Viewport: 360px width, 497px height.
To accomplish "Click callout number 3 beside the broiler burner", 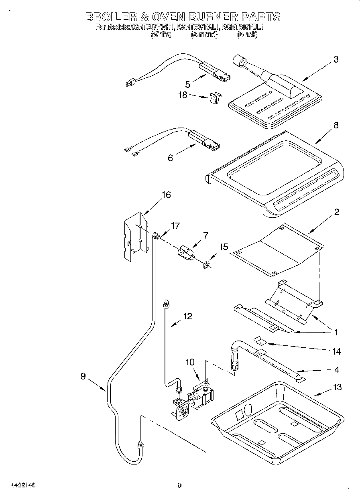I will [x=336, y=60].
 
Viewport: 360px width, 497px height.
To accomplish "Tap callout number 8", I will [x=336, y=126].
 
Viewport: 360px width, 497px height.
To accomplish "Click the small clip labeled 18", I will [x=215, y=97].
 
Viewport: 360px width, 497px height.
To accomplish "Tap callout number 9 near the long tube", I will [x=83, y=376].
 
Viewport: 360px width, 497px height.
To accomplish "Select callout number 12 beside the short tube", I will [x=187, y=316].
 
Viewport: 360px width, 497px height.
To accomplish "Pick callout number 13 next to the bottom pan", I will [x=337, y=387].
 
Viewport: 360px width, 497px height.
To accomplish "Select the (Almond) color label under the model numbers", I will [x=204, y=35].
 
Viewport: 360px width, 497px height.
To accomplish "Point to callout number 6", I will [x=170, y=158].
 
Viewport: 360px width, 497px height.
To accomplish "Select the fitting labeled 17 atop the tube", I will [x=157, y=236].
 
